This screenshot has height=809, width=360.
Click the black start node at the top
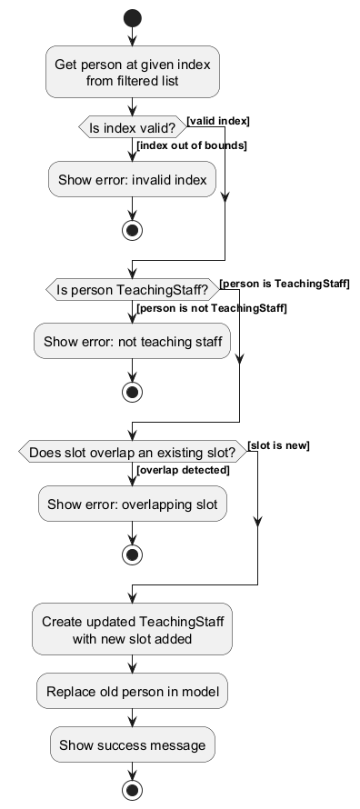pos(133,17)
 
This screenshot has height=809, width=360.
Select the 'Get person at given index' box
pos(133,72)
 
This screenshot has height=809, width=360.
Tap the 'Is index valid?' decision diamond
pos(133,128)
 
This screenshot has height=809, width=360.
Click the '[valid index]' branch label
pos(218,121)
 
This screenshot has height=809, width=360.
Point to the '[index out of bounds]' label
pos(192,145)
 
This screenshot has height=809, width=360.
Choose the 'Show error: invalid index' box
pos(133,180)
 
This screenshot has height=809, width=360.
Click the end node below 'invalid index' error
pos(133,230)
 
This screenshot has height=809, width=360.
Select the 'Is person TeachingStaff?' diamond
pos(133,291)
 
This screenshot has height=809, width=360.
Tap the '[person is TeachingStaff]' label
pos(285,284)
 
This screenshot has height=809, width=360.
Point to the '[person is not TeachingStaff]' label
pos(211,309)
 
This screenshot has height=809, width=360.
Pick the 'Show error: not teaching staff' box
pos(133,342)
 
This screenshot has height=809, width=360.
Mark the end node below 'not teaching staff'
pos(133,392)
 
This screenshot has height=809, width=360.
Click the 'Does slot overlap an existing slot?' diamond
pos(133,452)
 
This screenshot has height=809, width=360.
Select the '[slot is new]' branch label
pos(278,445)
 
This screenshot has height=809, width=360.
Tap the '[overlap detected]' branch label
pos(183,470)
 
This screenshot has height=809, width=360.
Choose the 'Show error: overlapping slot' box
pos(133,504)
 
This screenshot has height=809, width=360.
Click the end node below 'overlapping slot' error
pos(133,554)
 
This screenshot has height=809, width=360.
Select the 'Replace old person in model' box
pos(133,693)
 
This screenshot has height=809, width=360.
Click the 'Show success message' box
pos(133,745)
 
